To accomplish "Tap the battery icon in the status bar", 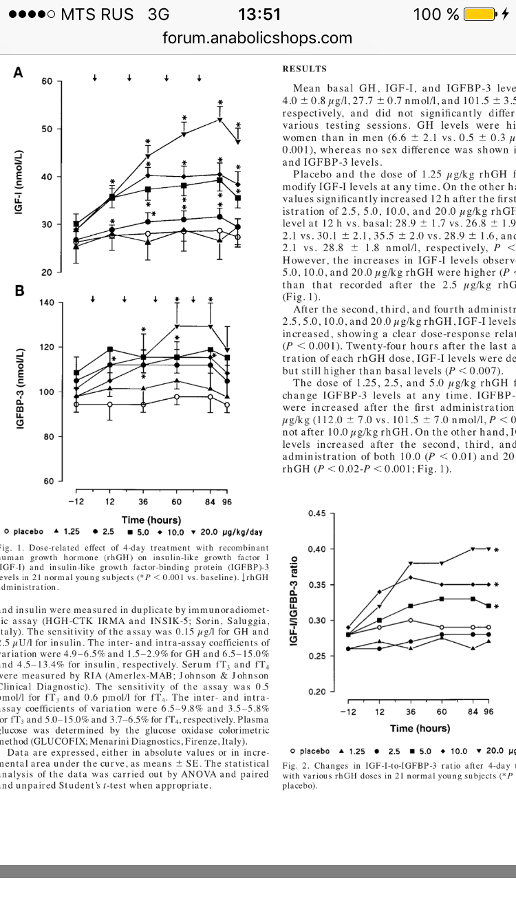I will pos(481,14).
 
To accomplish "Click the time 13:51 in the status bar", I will pos(259,14).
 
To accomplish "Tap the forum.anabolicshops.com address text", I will pos(257,38).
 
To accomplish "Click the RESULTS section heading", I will pos(304,69).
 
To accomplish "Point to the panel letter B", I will pos(19,290).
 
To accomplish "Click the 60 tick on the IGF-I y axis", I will pos(47,81).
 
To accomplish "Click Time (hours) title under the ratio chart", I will pos(420,728).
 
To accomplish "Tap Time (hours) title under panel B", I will pos(151,520).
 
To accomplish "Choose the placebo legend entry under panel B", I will pos(25,532).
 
